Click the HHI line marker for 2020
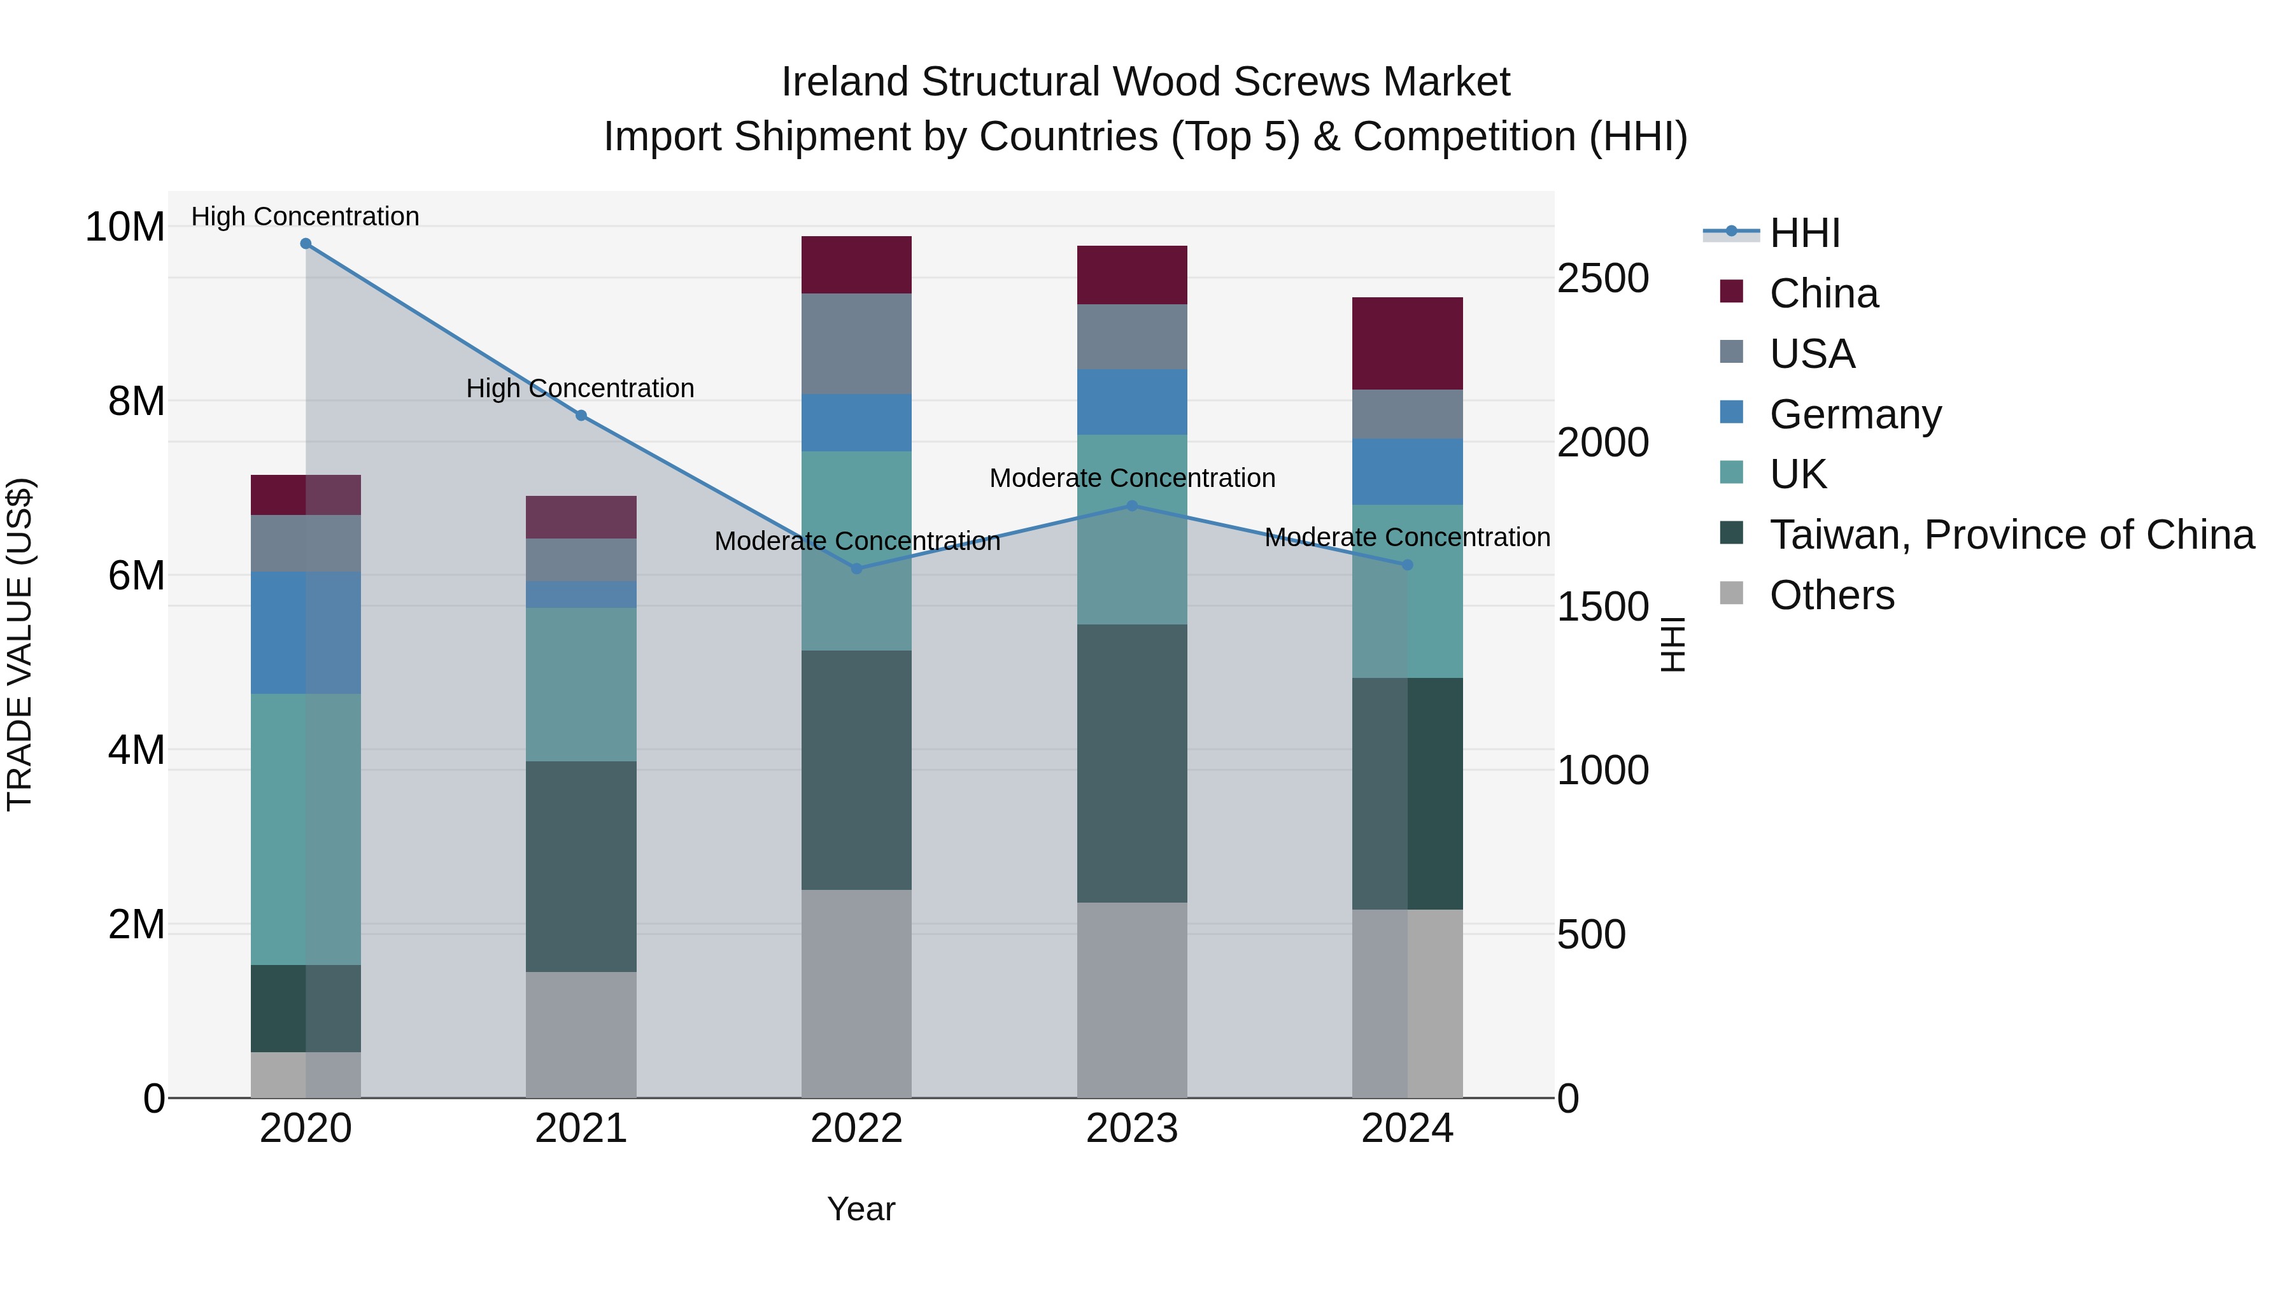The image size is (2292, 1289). click(x=305, y=244)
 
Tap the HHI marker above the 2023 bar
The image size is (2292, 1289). click(x=1132, y=506)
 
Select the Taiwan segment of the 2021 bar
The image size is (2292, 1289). click(x=581, y=866)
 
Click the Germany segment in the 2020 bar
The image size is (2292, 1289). click(x=305, y=633)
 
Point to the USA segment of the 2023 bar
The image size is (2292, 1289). click(x=1132, y=337)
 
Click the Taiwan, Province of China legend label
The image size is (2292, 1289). click(x=2011, y=535)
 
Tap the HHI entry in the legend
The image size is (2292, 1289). click(x=1804, y=233)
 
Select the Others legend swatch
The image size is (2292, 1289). click(x=1732, y=593)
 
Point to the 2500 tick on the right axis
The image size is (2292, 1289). click(x=1602, y=278)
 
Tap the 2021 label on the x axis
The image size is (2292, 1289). click(x=581, y=1129)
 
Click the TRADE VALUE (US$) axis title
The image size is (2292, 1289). click(x=20, y=644)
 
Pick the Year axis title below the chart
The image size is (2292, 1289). click(x=860, y=1209)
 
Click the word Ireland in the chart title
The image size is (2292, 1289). click(x=845, y=82)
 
